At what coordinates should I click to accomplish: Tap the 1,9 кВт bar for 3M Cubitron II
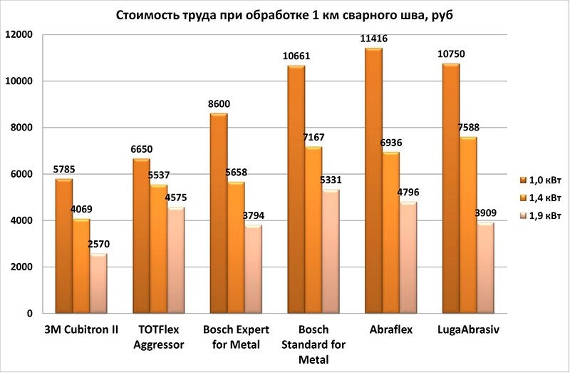(x=98, y=284)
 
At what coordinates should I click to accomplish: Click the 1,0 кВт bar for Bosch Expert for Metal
(x=218, y=214)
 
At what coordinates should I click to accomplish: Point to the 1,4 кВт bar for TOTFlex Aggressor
(x=158, y=249)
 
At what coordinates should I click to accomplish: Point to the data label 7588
(x=468, y=129)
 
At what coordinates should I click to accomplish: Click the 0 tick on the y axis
(x=30, y=314)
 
